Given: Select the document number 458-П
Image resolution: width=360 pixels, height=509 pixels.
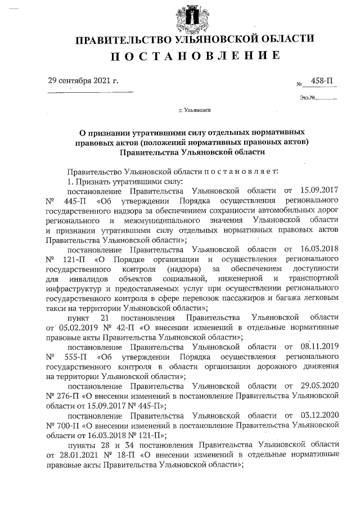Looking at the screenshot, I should [x=321, y=82].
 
